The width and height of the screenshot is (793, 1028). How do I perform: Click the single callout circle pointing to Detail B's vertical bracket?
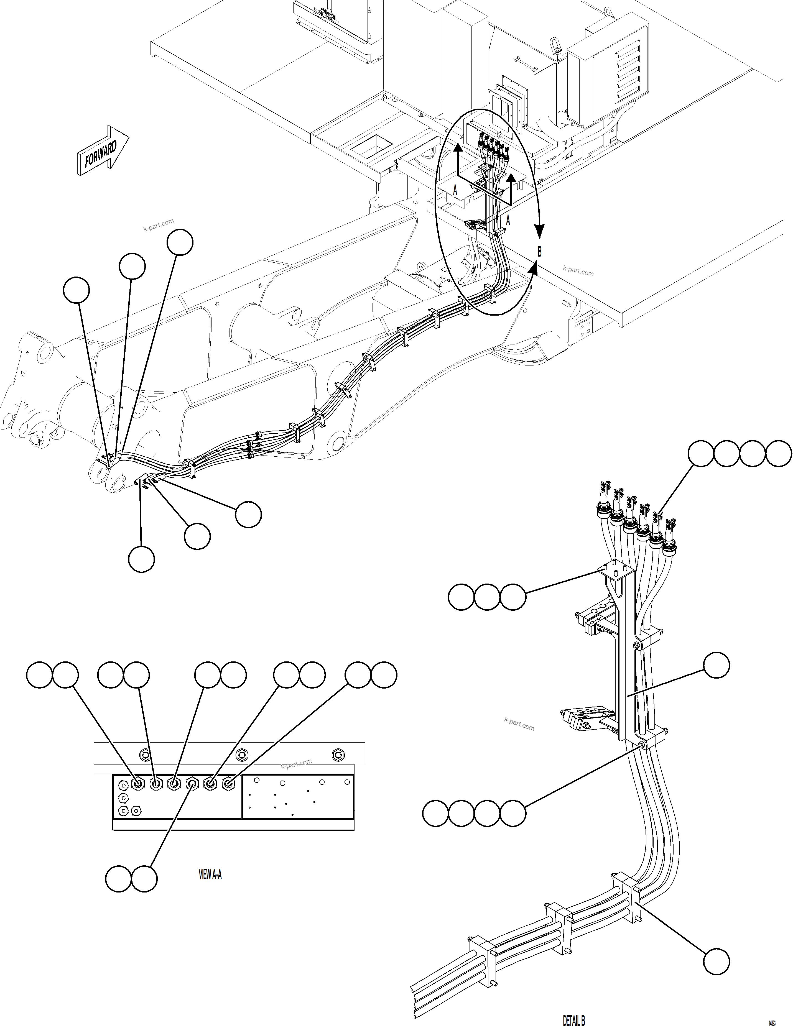coord(716,665)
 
